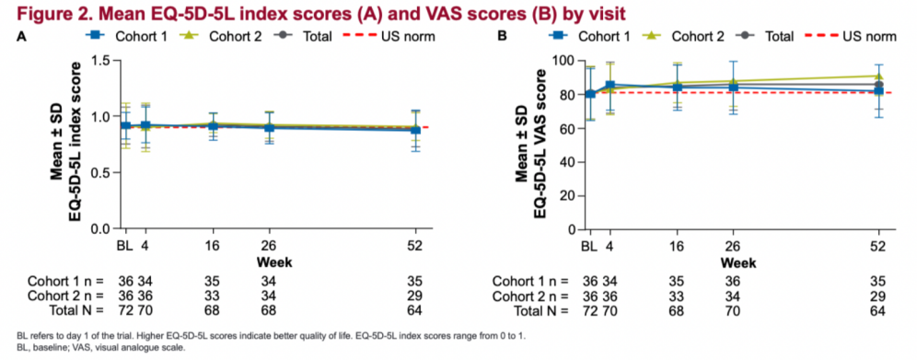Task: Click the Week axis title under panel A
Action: [274, 261]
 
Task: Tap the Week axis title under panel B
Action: [738, 262]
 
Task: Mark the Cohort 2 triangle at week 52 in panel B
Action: [878, 76]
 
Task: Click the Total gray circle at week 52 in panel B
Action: [878, 85]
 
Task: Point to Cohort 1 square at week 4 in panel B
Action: [610, 85]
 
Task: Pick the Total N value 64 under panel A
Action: [415, 310]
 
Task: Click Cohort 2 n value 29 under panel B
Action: [877, 296]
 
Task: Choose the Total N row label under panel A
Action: [73, 310]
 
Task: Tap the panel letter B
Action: [501, 37]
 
